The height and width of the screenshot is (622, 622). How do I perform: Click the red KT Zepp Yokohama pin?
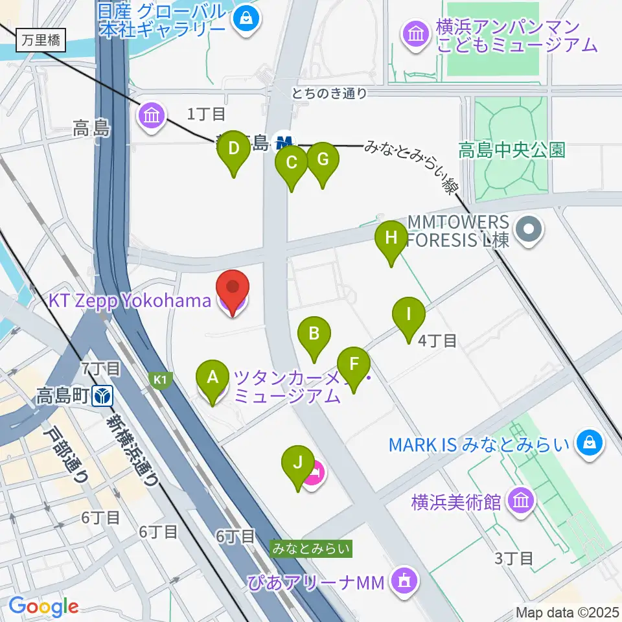pos(232,292)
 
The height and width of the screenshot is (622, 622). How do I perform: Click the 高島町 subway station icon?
pos(102,393)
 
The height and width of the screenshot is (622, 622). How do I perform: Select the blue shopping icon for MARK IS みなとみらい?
pos(591,444)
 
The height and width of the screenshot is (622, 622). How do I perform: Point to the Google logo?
pos(43,606)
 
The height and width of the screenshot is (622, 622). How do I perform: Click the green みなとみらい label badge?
pos(312,549)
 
